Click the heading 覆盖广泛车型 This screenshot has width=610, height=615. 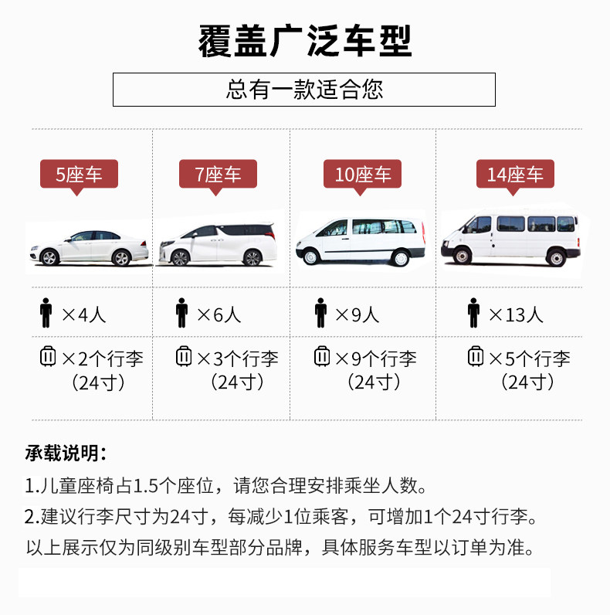coord(304,40)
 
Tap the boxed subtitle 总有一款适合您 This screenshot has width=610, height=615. coord(304,90)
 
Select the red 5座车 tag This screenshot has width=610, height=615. coord(79,174)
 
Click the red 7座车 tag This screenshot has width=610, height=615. coord(218,174)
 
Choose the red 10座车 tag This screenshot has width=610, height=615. coord(362,174)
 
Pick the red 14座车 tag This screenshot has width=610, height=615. coord(515,174)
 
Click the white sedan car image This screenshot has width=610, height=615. coord(87,246)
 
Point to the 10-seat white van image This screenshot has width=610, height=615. coord(361,240)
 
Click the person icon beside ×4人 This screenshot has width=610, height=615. coord(46,314)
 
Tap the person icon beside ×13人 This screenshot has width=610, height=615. coord(473,314)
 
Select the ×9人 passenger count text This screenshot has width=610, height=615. coord(357,314)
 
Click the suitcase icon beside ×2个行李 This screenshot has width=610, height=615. coord(48,358)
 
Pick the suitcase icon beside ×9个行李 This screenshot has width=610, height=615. coord(321,358)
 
